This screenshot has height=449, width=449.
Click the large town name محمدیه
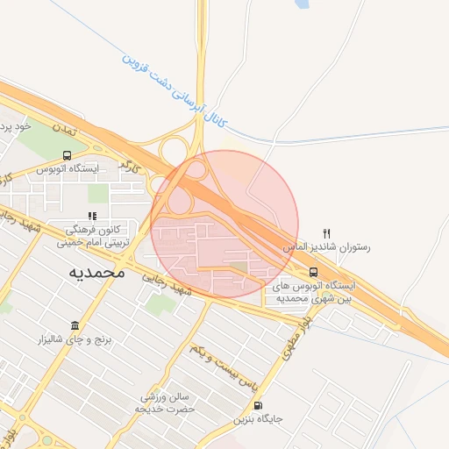[x=97, y=273]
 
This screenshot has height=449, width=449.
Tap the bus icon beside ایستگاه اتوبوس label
[x=67, y=156]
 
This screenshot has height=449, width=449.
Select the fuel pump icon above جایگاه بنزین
[x=257, y=405]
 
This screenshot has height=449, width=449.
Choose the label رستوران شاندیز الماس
[x=326, y=248]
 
